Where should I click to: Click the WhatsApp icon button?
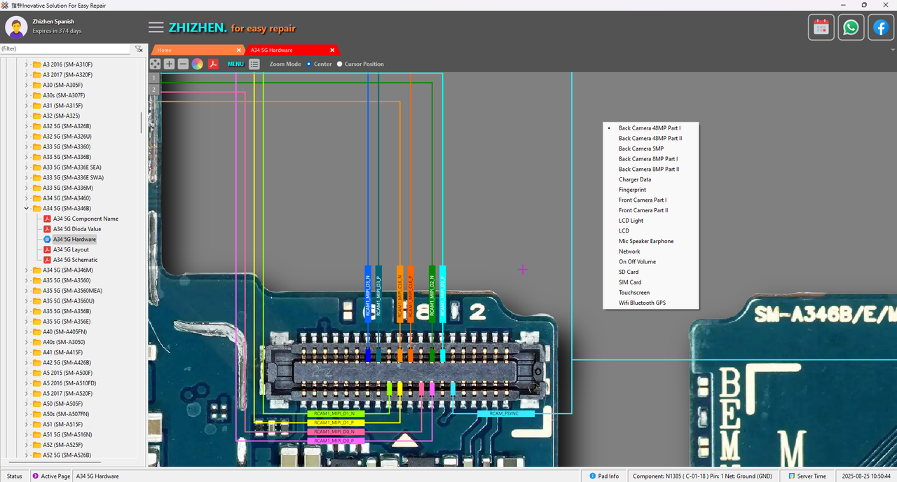pos(851,27)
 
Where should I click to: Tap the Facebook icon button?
pos(880,27)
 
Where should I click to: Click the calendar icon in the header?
pos(821,27)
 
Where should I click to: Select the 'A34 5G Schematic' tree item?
pos(75,260)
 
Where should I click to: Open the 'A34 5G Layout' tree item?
pos(71,249)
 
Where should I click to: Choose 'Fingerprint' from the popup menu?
pos(632,190)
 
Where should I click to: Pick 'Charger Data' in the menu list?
pos(634,179)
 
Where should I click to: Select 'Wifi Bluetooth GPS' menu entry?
pos(642,303)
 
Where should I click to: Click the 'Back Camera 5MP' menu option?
pos(641,149)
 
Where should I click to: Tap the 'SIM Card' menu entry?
pos(629,282)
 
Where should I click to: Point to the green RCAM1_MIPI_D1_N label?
pos(334,414)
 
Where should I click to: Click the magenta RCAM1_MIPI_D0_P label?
pos(334,441)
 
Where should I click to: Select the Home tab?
pos(165,50)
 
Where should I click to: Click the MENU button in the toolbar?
pos(235,64)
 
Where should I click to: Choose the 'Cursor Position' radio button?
pos(340,64)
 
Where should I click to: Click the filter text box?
pos(65,49)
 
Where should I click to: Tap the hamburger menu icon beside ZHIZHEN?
pos(156,27)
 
